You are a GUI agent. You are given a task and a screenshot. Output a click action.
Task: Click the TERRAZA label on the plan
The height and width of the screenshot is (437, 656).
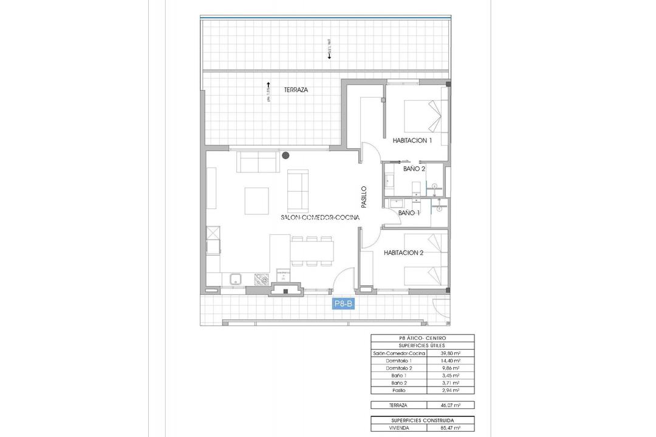296,89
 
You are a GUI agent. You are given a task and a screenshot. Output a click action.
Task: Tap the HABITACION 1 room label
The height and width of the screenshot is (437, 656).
412,141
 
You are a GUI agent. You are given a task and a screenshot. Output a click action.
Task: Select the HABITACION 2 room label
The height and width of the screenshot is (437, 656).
403,252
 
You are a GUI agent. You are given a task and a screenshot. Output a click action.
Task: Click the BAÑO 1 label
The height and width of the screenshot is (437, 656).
409,213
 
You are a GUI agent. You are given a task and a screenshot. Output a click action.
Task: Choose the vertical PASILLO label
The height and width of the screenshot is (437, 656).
364,197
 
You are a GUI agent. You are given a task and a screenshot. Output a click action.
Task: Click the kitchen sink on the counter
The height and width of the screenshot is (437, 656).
236,279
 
